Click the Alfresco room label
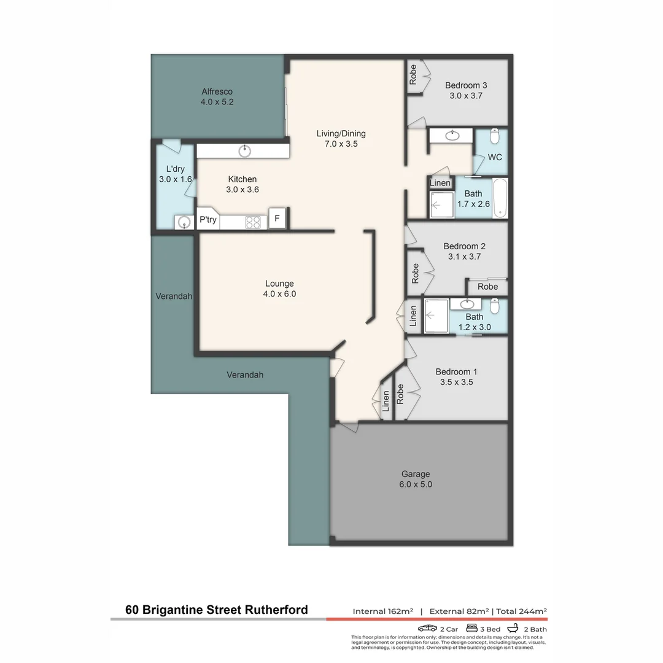coord(217,91)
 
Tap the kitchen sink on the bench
coord(246,150)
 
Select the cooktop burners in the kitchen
coord(253,222)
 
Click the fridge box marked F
coord(277,219)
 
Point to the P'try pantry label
coord(207,220)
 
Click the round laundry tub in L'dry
coord(184,222)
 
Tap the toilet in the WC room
coord(496,136)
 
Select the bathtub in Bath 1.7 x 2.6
coord(500,198)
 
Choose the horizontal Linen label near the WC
coord(440,183)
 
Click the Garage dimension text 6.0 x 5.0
coord(416,484)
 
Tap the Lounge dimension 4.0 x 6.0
coord(279,294)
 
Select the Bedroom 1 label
coord(456,371)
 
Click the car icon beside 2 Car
coord(427,629)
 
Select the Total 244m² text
coord(521,611)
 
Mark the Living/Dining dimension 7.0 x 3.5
coord(341,144)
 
